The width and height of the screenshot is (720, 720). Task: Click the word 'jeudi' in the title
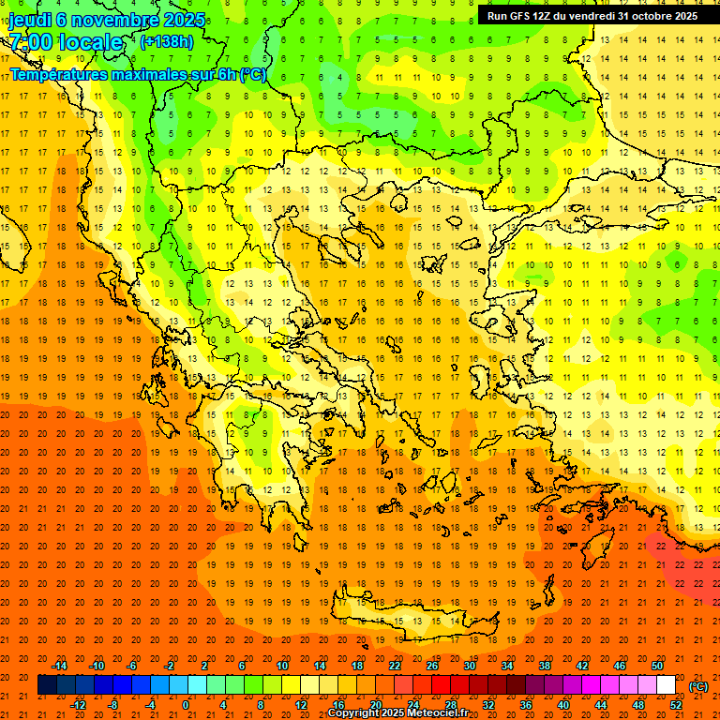[29, 20]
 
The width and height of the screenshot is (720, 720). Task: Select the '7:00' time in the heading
[30, 42]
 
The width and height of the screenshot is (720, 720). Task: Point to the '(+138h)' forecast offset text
[167, 41]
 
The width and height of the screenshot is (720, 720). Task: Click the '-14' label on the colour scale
[61, 666]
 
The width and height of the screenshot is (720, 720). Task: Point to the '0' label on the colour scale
[186, 705]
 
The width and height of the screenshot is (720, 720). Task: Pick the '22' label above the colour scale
[395, 666]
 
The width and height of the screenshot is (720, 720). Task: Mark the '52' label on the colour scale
[675, 705]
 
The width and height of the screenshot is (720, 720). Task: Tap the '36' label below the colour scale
[525, 705]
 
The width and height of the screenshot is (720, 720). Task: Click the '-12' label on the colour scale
[79, 705]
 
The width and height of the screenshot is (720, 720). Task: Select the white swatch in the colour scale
[666, 685]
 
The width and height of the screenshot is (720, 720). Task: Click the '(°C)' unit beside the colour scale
[698, 686]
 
